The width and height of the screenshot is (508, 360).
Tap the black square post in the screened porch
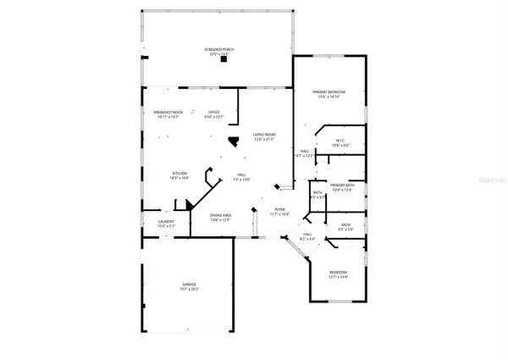pos(224,60)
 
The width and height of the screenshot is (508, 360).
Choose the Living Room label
pos(265,135)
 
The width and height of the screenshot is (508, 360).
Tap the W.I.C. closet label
pos(338,141)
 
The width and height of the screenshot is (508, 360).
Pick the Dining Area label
pos(221,215)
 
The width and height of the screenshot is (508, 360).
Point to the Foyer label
pos(279,208)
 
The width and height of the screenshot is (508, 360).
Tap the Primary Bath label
pos(342,185)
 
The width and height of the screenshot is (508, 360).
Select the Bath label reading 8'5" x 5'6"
pos(345,224)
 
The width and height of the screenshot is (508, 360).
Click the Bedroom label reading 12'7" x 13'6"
pos(338,273)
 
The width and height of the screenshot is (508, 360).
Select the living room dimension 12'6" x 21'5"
pos(265,140)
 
